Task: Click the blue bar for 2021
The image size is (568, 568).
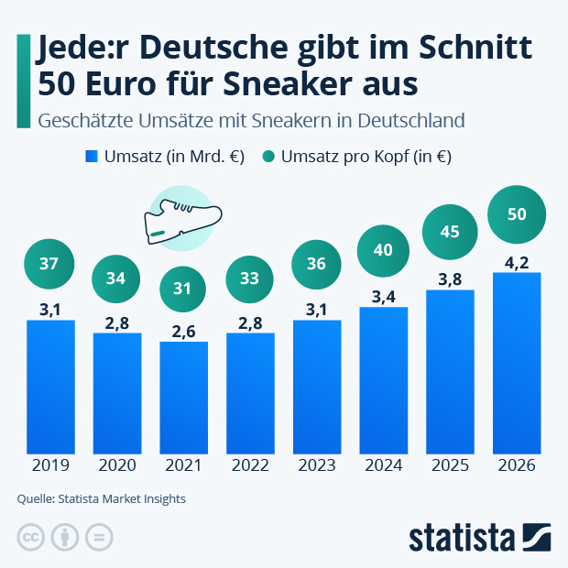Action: [x=183, y=398]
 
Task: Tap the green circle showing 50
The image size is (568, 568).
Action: [x=517, y=214]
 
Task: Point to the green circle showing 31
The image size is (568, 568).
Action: [x=183, y=289]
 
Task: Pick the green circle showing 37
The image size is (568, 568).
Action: [x=50, y=264]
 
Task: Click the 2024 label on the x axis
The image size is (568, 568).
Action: [x=383, y=465]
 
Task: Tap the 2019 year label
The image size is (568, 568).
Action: [x=50, y=465]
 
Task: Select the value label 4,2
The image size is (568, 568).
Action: [x=517, y=261]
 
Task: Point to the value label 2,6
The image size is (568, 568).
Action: [x=183, y=331]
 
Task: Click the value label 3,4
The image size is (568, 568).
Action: [x=383, y=296]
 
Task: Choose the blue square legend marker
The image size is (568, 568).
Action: [x=91, y=157]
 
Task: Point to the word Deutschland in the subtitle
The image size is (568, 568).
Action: [x=412, y=120]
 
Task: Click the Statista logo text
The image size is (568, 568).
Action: [x=462, y=536]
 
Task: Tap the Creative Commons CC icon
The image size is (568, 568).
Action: [x=32, y=537]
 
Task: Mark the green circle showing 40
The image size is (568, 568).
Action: [x=383, y=249]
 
